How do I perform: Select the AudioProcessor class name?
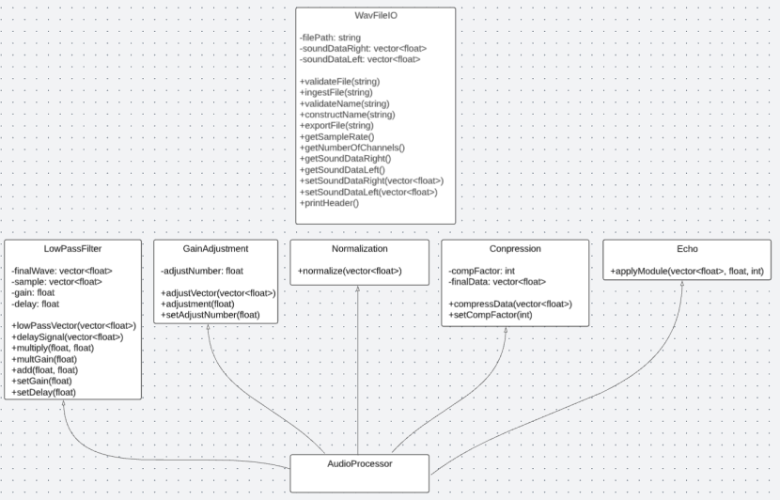pos(359,463)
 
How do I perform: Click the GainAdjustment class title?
pos(215,249)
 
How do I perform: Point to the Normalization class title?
pos(359,249)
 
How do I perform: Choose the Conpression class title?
pos(515,249)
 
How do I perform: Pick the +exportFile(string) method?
pos(335,126)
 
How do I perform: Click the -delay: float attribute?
pos(38,304)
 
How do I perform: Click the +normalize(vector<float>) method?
pos(350,271)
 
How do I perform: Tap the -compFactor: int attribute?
pos(483,271)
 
